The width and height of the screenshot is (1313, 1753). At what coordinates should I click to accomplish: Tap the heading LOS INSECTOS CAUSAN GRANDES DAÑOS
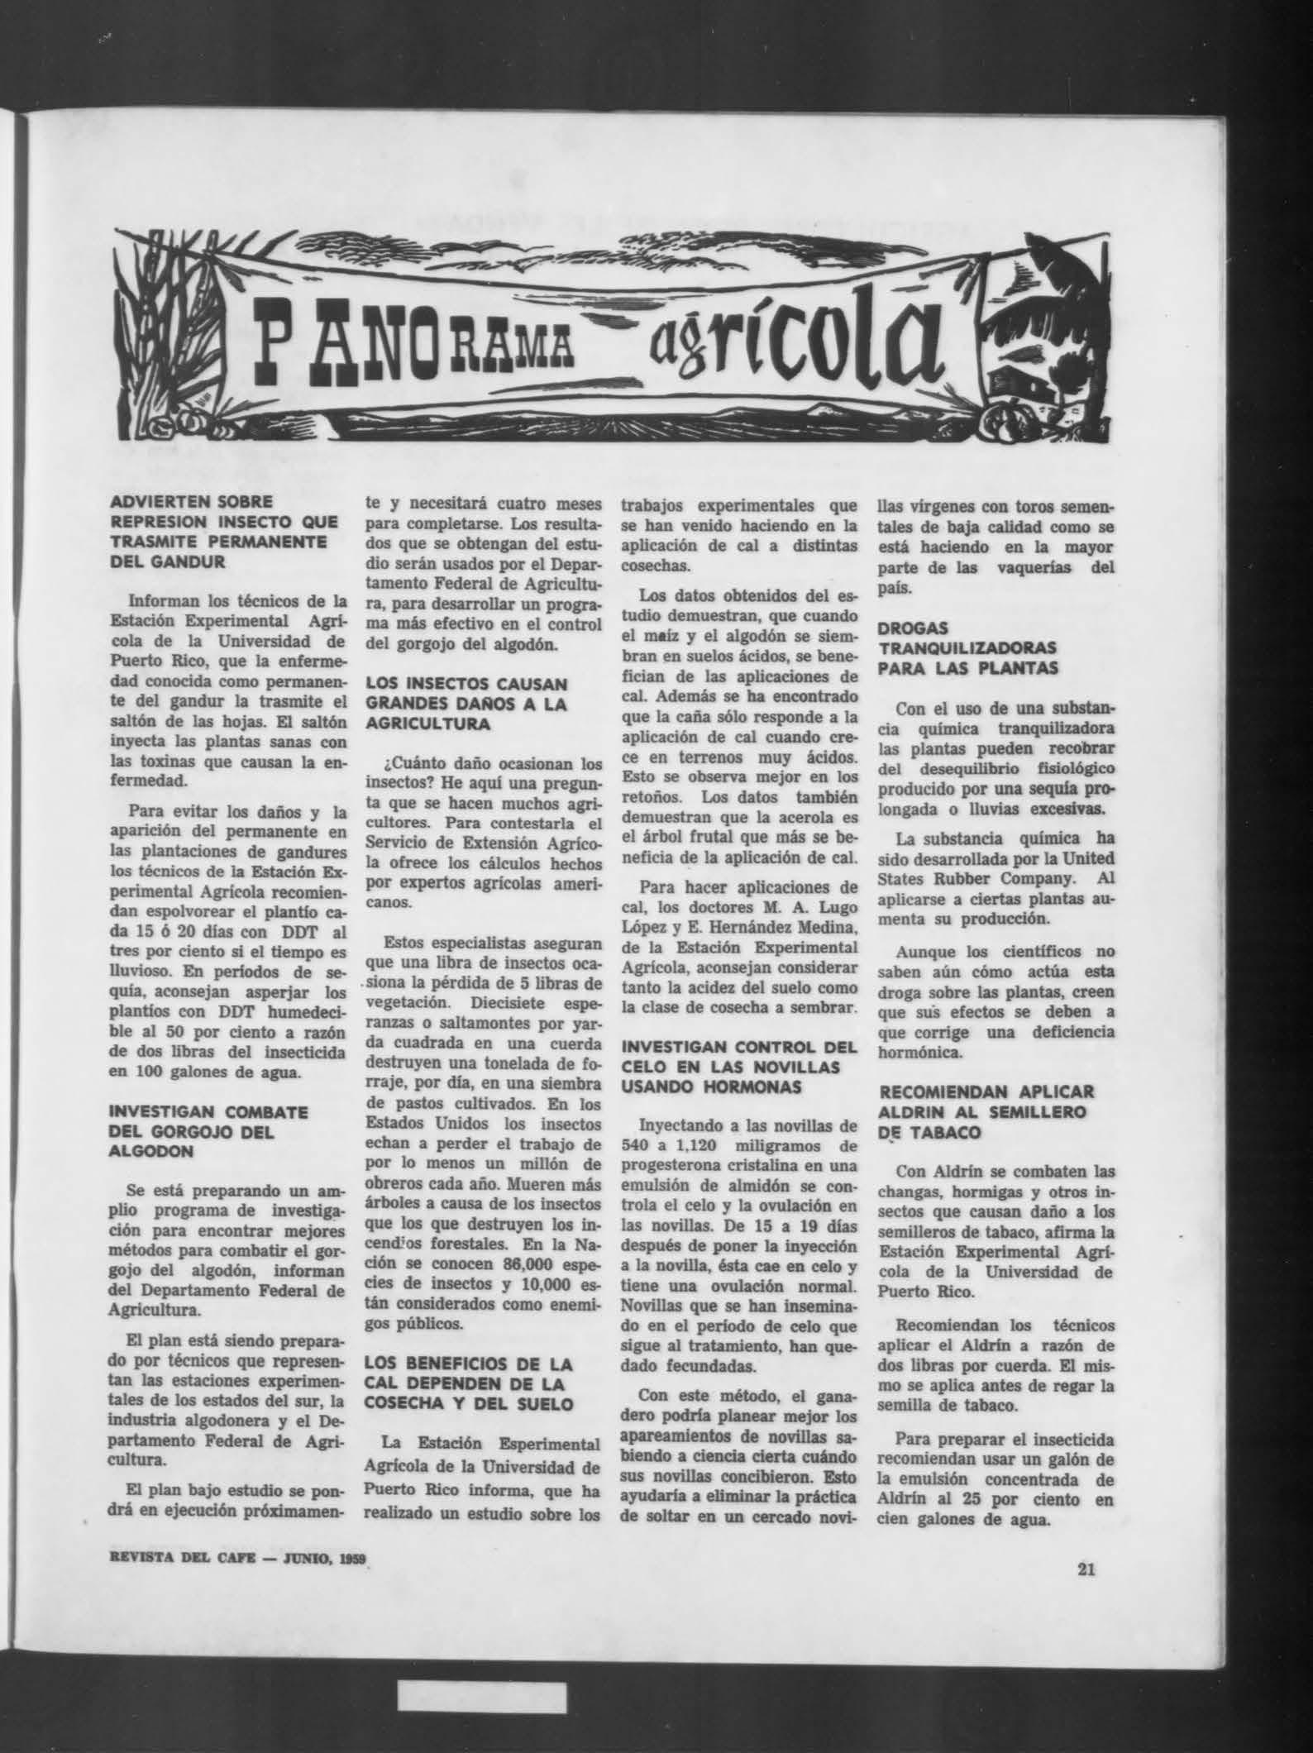point(466,705)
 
